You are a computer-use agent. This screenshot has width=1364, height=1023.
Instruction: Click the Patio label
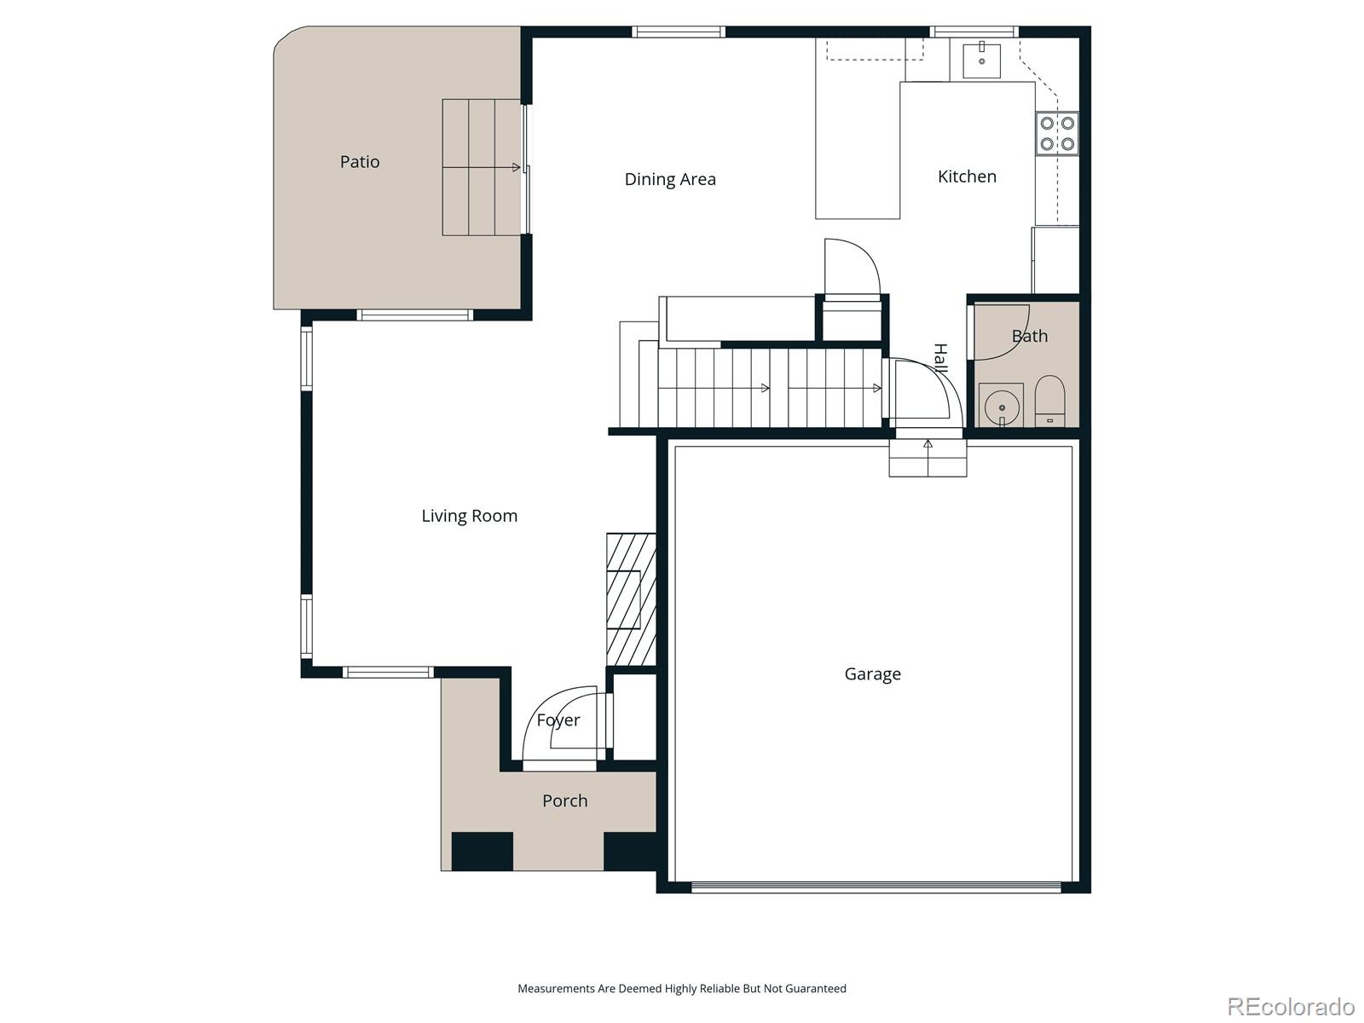[x=360, y=162]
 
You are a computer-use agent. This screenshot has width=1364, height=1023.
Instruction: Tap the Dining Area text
[x=670, y=179]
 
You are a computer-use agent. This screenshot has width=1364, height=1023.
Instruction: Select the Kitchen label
[x=967, y=176]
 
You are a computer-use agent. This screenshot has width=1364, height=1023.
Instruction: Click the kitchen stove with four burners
[x=1057, y=134]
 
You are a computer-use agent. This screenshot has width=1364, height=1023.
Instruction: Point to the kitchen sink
[x=981, y=60]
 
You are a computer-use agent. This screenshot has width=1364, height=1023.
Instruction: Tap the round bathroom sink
[x=1001, y=407]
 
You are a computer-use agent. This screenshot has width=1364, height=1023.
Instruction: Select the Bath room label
[x=1029, y=336]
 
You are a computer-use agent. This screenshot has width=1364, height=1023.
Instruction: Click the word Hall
[x=940, y=358]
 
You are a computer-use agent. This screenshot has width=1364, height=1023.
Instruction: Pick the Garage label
[x=872, y=674]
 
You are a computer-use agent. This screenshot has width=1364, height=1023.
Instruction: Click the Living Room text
[x=469, y=516]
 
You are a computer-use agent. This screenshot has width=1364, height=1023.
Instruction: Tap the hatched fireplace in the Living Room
[x=631, y=599]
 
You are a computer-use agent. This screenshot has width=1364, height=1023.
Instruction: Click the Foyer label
[x=558, y=720]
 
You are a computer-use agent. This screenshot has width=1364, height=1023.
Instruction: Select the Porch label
[x=564, y=800]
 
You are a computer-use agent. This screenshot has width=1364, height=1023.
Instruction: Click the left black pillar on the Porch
[x=482, y=851]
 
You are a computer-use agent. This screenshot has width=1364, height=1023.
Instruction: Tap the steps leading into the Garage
[x=928, y=459]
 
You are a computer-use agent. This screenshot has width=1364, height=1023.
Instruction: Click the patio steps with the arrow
[x=482, y=168]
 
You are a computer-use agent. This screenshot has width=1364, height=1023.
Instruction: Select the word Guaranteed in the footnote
[x=817, y=989]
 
